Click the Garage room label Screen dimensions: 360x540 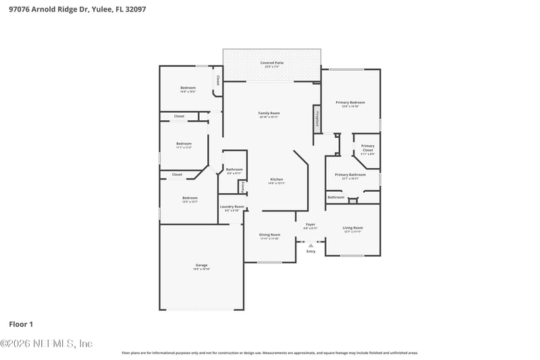[201, 265]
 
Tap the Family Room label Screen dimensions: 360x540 [269, 113]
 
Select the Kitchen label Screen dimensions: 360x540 [277, 179]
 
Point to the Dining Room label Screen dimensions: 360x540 [269, 234]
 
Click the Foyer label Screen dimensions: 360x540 [310, 224]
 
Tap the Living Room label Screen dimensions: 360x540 [352, 228]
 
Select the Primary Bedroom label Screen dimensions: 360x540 [350, 103]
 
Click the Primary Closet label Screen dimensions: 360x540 [367, 146]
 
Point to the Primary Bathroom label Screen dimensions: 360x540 [350, 175]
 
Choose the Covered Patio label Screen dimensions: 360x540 [272, 63]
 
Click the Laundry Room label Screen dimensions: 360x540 [232, 207]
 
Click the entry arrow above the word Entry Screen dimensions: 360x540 [310, 245]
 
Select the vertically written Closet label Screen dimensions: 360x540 [217, 80]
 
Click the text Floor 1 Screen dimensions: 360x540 [21, 324]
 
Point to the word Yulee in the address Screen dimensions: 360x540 [98, 9]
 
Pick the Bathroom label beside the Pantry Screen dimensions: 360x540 [234, 170]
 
